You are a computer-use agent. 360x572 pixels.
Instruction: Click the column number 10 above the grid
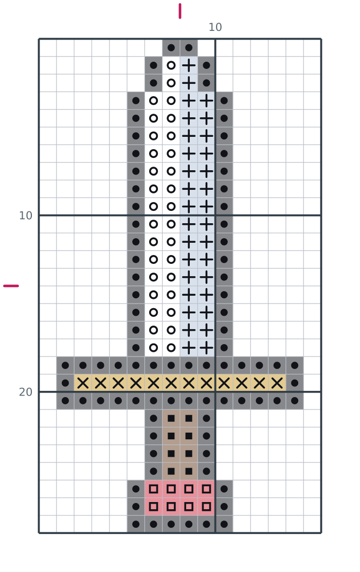coord(215,27)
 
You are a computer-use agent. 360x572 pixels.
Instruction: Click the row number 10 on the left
coord(26,216)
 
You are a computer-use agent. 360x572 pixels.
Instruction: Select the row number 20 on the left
coord(26,392)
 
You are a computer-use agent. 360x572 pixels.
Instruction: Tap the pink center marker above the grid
coord(180,11)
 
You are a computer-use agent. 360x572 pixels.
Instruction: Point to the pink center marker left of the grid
coord(11,285)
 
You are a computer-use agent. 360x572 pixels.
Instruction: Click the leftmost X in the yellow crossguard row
coord(83,383)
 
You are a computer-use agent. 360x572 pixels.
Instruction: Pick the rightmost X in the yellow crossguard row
coord(277,383)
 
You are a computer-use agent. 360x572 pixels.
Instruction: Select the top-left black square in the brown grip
coord(171,418)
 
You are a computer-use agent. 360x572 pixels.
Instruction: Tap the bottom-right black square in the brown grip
coord(189,471)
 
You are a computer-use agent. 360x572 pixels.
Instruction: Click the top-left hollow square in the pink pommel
coord(154,489)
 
